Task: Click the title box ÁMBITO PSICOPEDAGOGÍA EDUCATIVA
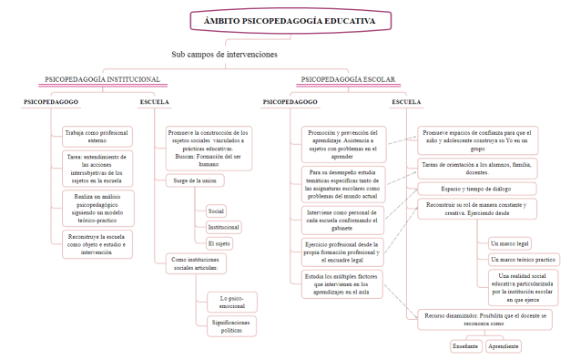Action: point(290,21)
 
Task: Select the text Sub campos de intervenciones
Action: point(224,55)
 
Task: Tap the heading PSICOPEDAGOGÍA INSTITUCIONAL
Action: point(102,79)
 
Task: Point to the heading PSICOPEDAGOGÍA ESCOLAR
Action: point(348,79)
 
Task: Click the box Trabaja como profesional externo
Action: point(97,137)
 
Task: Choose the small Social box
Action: point(216,211)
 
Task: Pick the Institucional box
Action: point(224,227)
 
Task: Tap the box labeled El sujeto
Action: point(219,243)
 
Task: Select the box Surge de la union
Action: point(195,180)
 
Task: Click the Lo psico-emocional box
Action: point(232,302)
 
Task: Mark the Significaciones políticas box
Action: point(232,326)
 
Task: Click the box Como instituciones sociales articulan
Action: point(195,263)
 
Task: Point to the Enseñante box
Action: point(465,346)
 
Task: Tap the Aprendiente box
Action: point(503,346)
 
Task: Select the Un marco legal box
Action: point(510,243)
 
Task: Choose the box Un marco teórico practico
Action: point(523,260)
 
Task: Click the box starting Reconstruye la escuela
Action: point(97,244)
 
